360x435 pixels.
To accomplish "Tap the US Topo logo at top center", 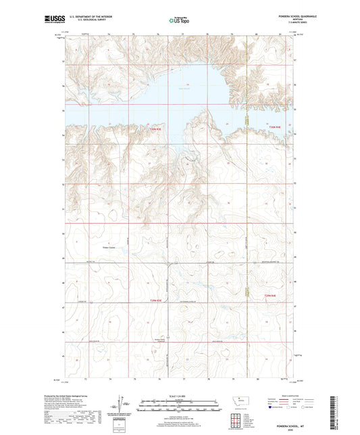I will (180, 20).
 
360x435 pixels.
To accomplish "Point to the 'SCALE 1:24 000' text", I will (180, 395).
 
